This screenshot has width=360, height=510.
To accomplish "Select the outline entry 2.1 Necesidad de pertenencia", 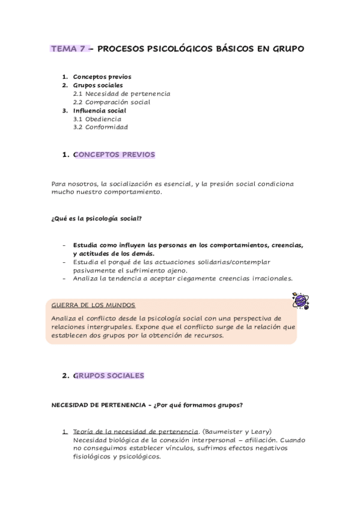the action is tap(121, 94).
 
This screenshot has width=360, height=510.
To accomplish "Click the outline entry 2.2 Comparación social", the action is tap(111, 102).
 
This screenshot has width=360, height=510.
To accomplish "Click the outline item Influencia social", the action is tap(99, 111).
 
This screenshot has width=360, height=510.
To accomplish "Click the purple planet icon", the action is tap(299, 300).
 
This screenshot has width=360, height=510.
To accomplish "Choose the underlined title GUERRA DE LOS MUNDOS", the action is tap(94, 306).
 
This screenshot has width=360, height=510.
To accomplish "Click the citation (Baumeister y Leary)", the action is tap(237, 431).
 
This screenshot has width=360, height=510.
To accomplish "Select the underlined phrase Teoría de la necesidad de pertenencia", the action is tap(136, 431).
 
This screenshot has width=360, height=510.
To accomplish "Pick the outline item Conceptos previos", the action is tap(102, 77).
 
